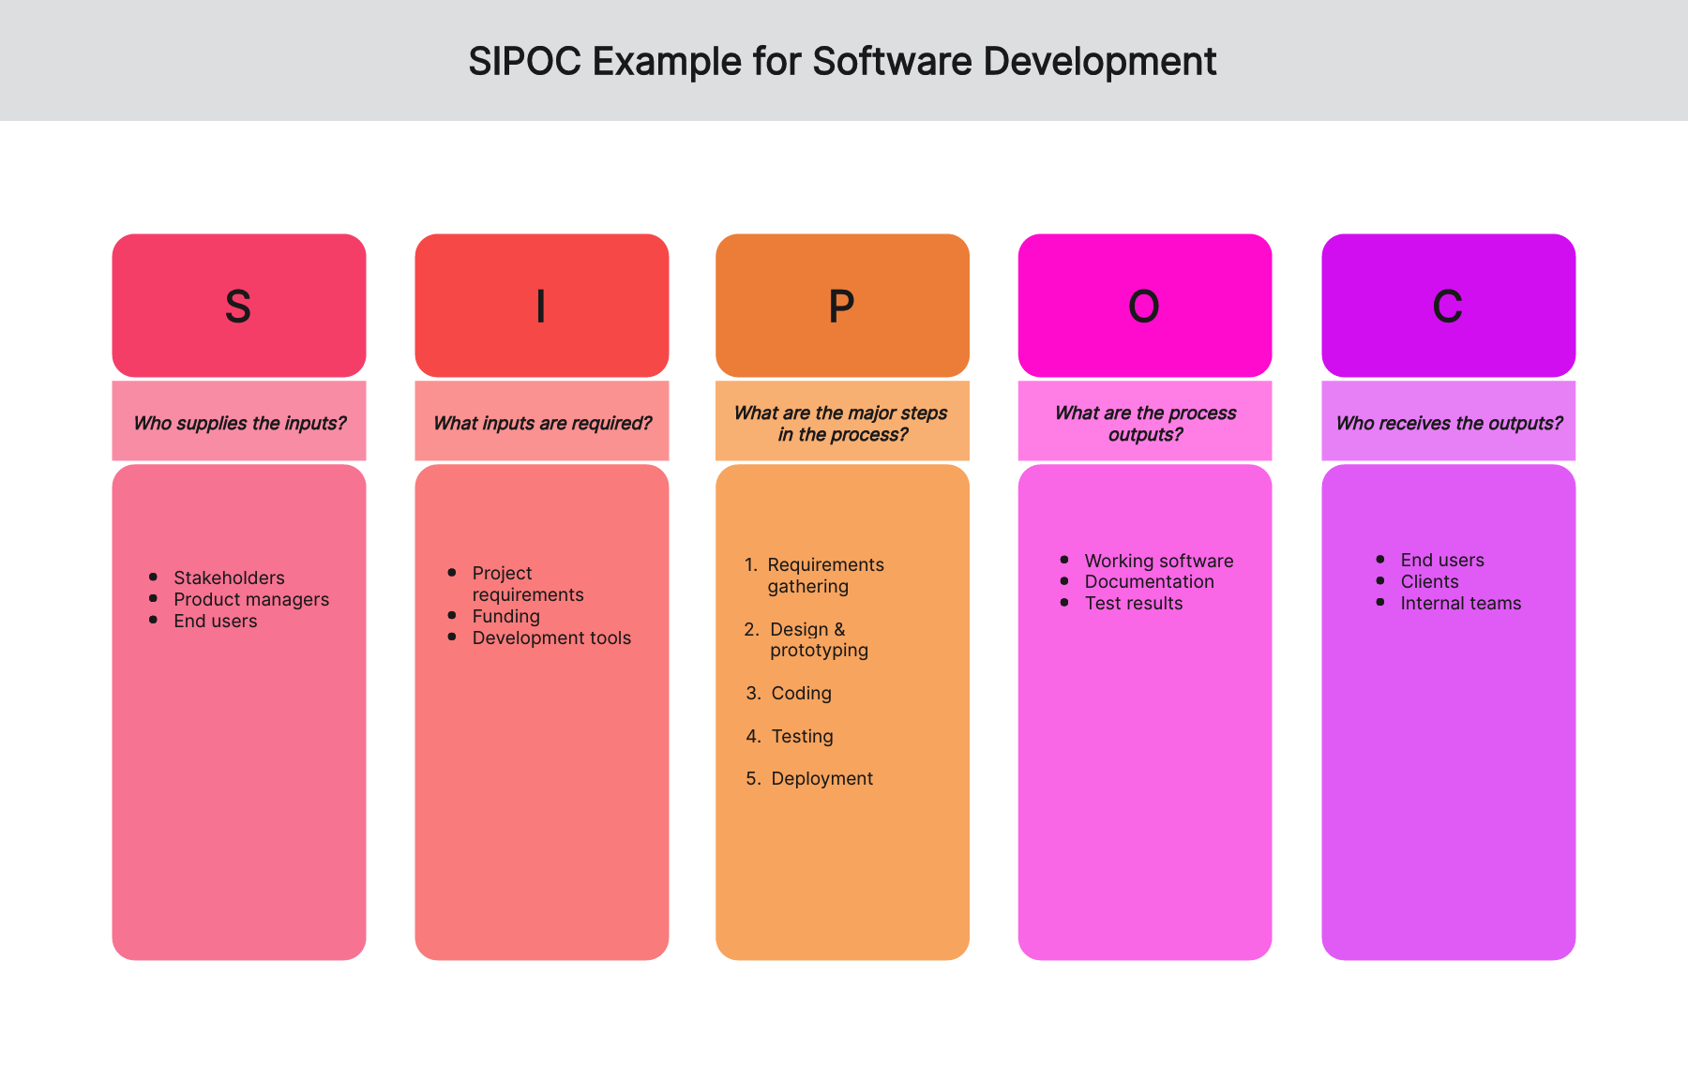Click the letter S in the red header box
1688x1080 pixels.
coord(238,307)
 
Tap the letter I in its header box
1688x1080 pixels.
coord(541,307)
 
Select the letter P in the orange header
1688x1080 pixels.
coord(841,307)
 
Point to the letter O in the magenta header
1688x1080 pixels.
coord(1144,307)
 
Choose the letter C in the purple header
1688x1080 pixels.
coord(1448,307)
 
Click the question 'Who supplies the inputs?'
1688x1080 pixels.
coord(239,423)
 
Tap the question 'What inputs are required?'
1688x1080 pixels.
coord(542,423)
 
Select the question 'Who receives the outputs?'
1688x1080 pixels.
coord(1449,423)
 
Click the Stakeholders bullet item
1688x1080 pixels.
coord(229,577)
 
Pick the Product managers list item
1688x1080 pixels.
coord(251,599)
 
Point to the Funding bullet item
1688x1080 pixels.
coord(506,616)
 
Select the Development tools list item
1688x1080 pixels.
coord(551,637)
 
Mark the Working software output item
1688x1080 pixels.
coord(1159,561)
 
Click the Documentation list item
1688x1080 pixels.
coord(1149,581)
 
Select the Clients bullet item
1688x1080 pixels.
coord(1429,581)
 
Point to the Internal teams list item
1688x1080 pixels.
coord(1461,603)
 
